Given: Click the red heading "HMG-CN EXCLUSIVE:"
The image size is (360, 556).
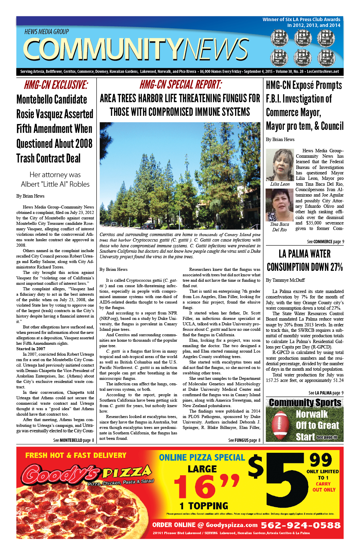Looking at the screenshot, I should pyautogui.click(x=56, y=85).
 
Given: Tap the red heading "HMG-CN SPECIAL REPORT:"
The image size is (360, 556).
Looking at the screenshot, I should pyautogui.click(x=181, y=84).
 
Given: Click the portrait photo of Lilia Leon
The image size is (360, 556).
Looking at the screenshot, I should pyautogui.click(x=280, y=165).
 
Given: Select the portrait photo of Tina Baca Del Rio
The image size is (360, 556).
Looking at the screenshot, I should pyautogui.click(x=279, y=205).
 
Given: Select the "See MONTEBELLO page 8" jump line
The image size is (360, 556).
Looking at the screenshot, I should pyautogui.click(x=73, y=440).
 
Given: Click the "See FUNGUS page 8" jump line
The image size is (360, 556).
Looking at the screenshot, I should pyautogui.click(x=244, y=440).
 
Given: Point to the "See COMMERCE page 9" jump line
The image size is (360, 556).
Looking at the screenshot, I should pyautogui.click(x=325, y=242).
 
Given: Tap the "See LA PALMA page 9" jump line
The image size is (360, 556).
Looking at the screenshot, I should pyautogui.click(x=326, y=393).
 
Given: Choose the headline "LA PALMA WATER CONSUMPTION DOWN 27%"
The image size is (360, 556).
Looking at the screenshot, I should pyautogui.click(x=305, y=260).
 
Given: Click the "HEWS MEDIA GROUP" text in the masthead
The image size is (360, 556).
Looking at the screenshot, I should pyautogui.click(x=47, y=32).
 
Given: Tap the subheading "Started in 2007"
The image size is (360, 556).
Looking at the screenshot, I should pyautogui.click(x=31, y=349).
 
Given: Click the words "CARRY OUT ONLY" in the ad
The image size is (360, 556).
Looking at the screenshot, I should pyautogui.click(x=324, y=486).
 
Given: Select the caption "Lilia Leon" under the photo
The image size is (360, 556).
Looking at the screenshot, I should pyautogui.click(x=280, y=184).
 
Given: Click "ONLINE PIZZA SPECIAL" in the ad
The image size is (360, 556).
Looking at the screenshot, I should pyautogui.click(x=202, y=458).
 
